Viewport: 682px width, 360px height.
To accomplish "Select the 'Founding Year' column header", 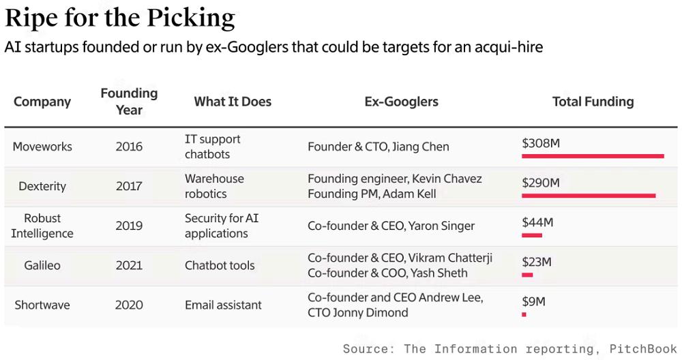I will (x=129, y=101).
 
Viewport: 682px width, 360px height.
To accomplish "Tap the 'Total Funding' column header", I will (x=593, y=102).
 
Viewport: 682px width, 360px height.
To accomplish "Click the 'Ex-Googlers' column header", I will (x=401, y=102).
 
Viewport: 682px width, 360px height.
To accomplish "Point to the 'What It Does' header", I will (x=233, y=102).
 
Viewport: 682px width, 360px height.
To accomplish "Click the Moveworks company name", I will (x=42, y=147).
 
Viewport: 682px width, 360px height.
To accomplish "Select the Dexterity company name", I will (x=42, y=186).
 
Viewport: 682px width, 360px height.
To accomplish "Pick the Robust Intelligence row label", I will (x=42, y=226).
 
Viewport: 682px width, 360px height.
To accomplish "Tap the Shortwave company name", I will (x=42, y=305).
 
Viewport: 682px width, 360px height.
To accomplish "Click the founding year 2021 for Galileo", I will (x=129, y=265).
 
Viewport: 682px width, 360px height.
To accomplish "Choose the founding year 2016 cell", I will (x=129, y=147).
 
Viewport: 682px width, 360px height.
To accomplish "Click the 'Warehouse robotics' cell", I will (x=214, y=186).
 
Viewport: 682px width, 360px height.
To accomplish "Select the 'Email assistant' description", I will (x=223, y=305).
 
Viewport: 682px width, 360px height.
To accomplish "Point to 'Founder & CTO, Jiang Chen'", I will (x=379, y=147).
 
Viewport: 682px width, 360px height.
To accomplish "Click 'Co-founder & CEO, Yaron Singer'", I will (x=391, y=226).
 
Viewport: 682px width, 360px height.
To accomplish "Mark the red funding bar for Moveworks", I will (x=593, y=156).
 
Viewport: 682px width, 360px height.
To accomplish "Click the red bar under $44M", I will (x=532, y=235).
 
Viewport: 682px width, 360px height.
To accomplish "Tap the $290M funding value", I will (x=541, y=183).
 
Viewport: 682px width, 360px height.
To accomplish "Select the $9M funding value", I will (x=533, y=301).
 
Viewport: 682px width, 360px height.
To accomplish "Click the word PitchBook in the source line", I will (x=642, y=349).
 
